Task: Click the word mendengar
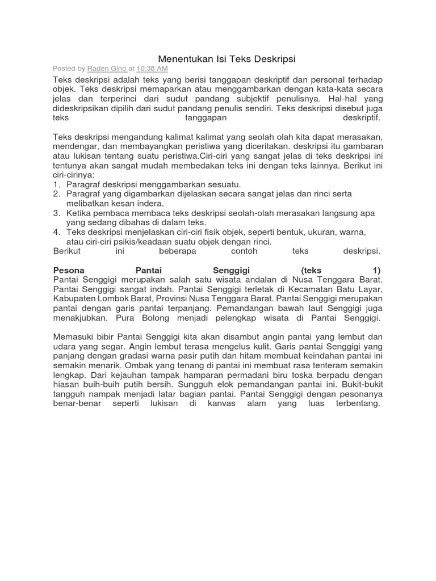(x=74, y=146)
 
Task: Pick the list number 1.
(x=56, y=184)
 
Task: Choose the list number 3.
(x=56, y=213)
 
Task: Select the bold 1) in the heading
(x=374, y=270)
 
